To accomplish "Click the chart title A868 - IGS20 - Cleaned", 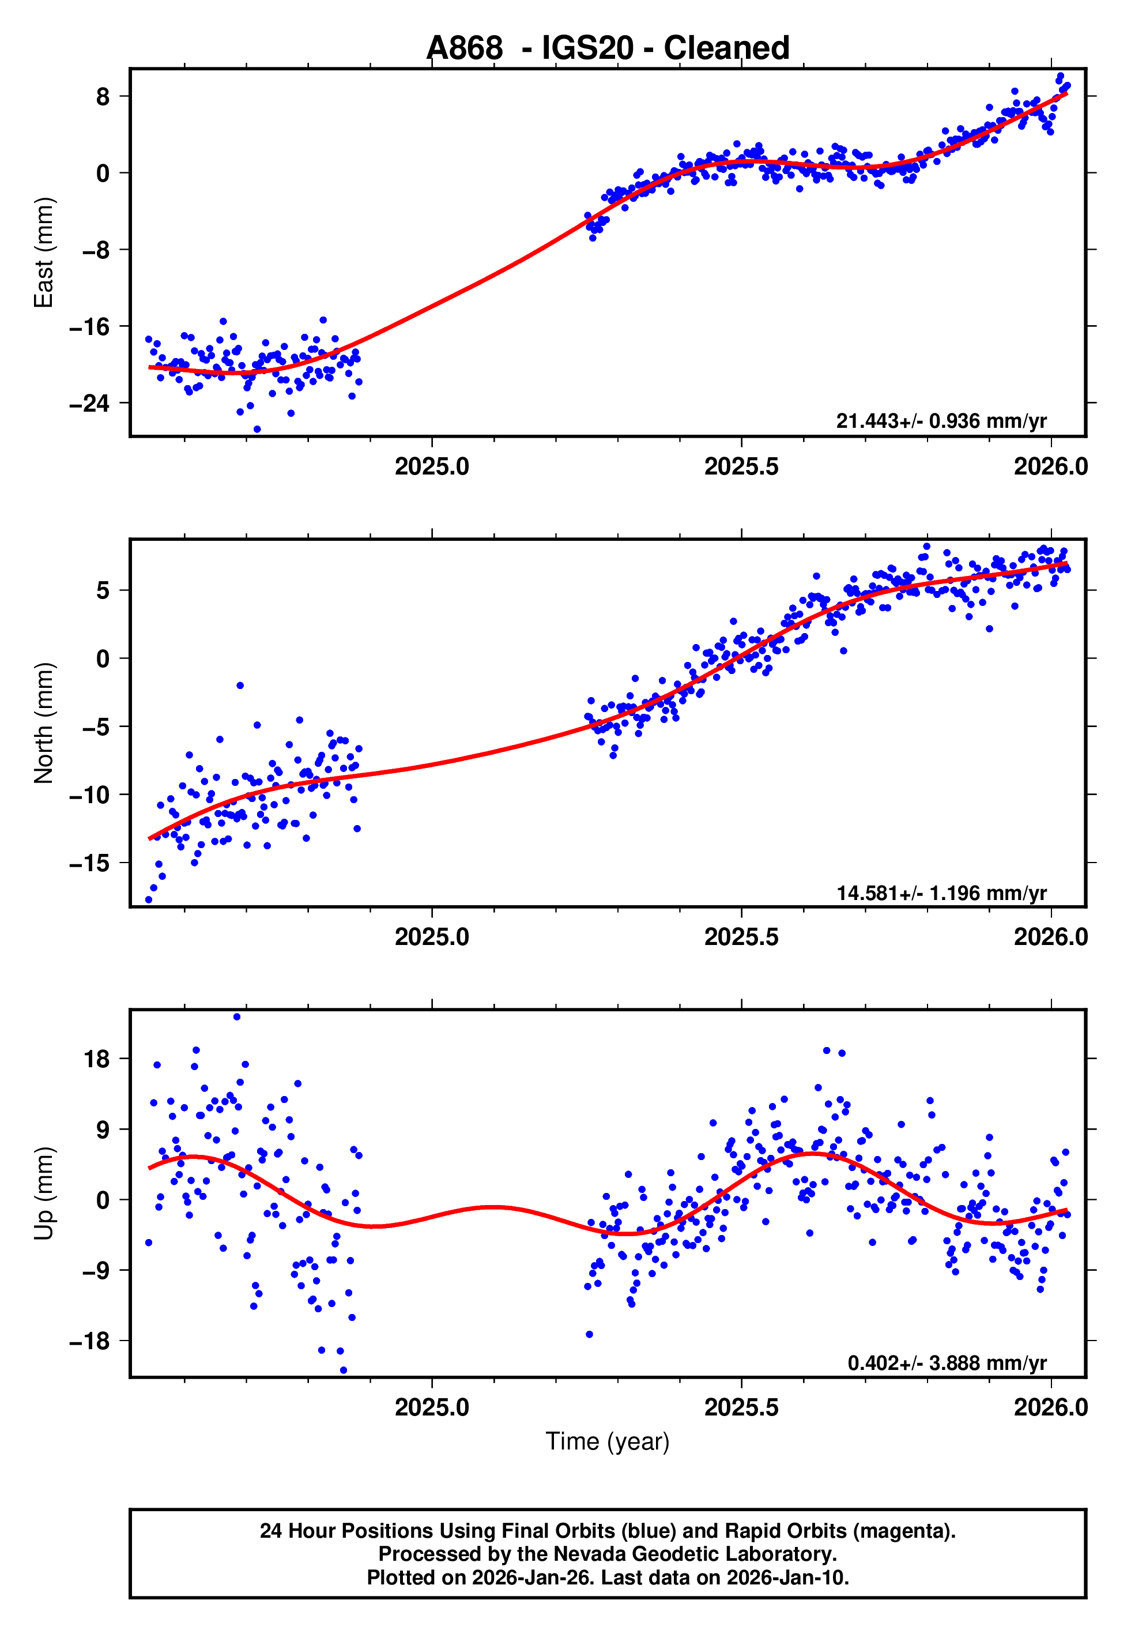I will (608, 48).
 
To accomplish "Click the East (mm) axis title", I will (44, 253).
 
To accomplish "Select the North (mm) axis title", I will (44, 723).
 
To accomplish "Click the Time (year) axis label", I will (608, 1441).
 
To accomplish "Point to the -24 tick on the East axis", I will (89, 403).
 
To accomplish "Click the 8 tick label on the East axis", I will (103, 96).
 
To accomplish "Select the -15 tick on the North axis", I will (89, 863).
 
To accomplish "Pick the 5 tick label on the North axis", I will (103, 590).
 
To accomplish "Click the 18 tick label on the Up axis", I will (96, 1059).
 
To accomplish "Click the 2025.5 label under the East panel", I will (741, 467).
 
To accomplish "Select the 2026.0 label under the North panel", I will (1050, 937).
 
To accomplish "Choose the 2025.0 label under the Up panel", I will (432, 1407).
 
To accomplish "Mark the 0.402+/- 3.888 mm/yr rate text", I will (946, 1362).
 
